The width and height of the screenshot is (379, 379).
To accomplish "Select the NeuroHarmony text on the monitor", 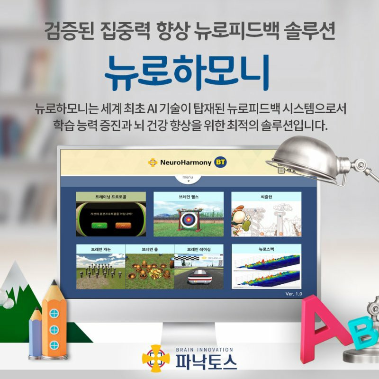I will click(x=186, y=162).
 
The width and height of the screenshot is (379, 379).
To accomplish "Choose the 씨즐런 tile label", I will click(x=266, y=196).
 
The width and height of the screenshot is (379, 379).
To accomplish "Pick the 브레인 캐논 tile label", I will click(x=101, y=249).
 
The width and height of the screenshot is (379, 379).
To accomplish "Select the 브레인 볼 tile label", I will click(x=150, y=249).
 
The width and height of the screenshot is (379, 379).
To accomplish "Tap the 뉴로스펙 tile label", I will click(x=266, y=249).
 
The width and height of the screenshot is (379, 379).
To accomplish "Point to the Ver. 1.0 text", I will click(x=293, y=294).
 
